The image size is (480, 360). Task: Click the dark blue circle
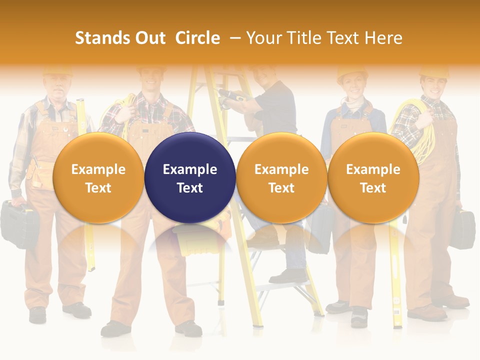[x=190, y=177]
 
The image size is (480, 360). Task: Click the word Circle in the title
[x=197, y=38]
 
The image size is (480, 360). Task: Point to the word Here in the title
[x=383, y=38]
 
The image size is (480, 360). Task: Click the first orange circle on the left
[x=98, y=177]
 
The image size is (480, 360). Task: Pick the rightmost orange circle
[x=373, y=177]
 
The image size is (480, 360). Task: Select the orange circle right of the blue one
[x=281, y=177]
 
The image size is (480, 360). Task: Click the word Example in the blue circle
[x=190, y=169]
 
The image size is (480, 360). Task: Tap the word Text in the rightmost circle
[x=373, y=188]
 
